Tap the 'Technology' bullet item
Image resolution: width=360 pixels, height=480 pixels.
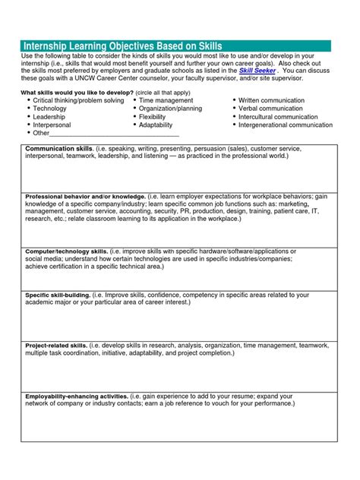coord(50,109)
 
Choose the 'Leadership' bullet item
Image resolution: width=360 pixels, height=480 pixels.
coord(49,117)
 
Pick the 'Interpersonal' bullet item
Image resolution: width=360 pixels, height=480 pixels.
coord(52,125)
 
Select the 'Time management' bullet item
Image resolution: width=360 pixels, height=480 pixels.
coord(166,100)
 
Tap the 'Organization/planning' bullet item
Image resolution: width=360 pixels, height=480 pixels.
coord(170,109)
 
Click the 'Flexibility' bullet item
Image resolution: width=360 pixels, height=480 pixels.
coord(152,117)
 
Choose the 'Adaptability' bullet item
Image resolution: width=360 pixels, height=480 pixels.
coord(156,125)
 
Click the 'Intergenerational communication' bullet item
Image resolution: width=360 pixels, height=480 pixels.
coord(285,125)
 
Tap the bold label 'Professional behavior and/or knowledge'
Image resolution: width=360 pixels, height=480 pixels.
coord(85,195)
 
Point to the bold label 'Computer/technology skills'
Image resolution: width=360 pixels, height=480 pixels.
coord(66,251)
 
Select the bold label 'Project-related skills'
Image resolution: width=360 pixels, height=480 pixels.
coord(56,345)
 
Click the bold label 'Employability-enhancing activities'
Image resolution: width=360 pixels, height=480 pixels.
coord(76,396)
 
